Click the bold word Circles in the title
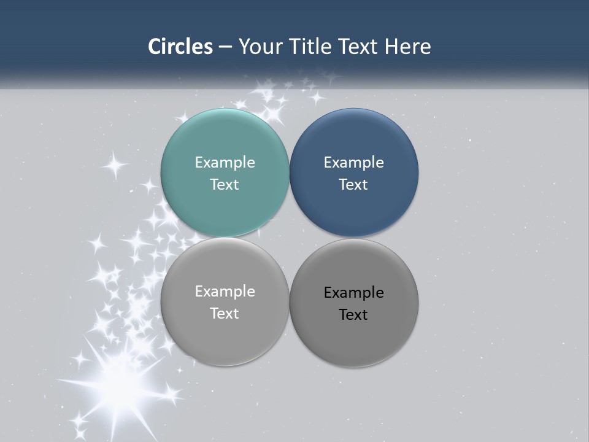click(180, 47)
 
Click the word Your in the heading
click(258, 47)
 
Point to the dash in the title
click(225, 47)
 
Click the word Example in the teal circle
click(225, 162)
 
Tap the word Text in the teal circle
click(225, 184)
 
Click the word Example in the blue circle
click(353, 162)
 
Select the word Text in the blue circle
click(353, 184)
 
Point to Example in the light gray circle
click(225, 291)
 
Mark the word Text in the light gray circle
click(225, 313)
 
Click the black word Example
click(353, 292)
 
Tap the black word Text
click(353, 314)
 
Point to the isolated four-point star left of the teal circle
click(114, 165)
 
